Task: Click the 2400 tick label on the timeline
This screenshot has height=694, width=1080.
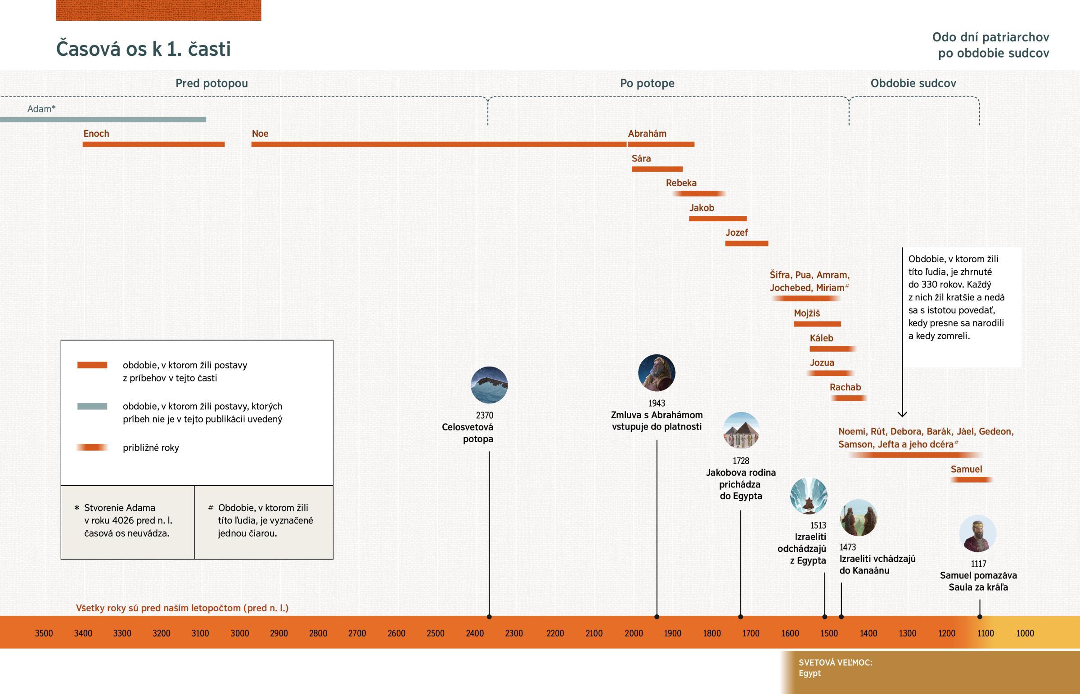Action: [x=475, y=633]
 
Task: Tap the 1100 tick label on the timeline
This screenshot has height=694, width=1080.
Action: [x=985, y=633]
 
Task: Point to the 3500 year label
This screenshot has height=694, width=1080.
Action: [x=44, y=633]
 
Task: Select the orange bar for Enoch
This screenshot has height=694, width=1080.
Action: [x=153, y=144]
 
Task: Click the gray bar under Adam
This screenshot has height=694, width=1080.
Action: [x=103, y=120]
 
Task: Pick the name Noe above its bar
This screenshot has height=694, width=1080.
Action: [x=260, y=134]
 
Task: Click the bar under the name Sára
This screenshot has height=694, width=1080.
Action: [x=657, y=169]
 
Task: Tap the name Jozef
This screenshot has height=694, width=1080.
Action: [x=737, y=233]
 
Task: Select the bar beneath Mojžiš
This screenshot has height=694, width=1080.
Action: [x=817, y=324]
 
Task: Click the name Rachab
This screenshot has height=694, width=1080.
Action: [x=845, y=387]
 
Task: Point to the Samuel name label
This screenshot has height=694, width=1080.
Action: [x=966, y=469]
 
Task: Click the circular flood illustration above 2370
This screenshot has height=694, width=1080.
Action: [x=489, y=385]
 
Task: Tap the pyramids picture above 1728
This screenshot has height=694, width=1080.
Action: [x=741, y=430]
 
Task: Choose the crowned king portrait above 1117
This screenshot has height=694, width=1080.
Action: [x=977, y=533]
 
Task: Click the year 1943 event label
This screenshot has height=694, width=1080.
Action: [x=657, y=403]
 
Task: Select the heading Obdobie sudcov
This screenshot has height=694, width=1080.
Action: [x=913, y=83]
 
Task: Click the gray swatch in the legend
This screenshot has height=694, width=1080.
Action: [x=92, y=406]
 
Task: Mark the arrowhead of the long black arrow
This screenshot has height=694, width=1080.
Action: [x=902, y=414]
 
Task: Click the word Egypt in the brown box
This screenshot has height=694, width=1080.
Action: [x=810, y=673]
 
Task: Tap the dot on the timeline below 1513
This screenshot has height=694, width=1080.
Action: [x=825, y=617]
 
